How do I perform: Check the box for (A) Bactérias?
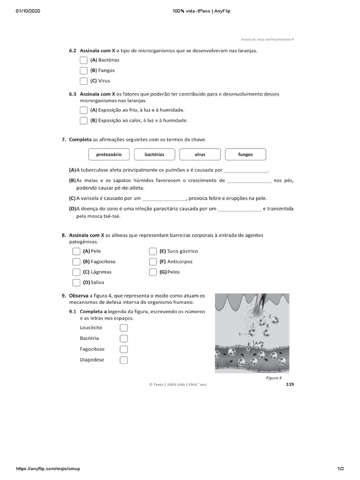(83, 60)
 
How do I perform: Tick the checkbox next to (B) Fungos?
(83, 70)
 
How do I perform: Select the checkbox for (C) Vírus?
(83, 81)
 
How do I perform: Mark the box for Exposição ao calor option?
(83, 120)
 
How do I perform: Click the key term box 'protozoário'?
(109, 154)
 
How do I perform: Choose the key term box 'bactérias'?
(154, 154)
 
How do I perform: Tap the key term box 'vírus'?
(200, 154)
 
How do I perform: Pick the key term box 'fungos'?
(245, 154)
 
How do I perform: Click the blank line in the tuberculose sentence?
(246, 170)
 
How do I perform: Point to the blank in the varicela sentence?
(165, 198)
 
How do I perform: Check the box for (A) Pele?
(76, 251)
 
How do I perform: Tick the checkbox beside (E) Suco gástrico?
(153, 251)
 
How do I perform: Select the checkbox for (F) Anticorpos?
(153, 262)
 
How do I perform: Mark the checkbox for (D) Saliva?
(76, 282)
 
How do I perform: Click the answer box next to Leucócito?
(124, 328)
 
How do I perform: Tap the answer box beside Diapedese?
(124, 360)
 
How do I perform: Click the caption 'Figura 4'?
(274, 378)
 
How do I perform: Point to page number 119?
(289, 384)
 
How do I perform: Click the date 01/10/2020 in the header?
(28, 11)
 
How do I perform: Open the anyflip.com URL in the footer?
(45, 469)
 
